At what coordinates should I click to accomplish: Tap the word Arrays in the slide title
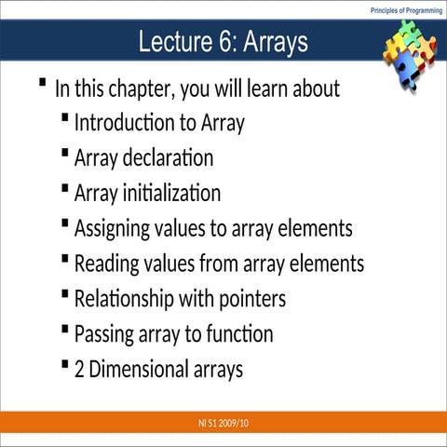(x=276, y=43)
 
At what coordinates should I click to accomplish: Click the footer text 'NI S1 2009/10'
(x=223, y=424)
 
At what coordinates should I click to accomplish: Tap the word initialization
(x=174, y=194)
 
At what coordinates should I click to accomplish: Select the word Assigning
(x=116, y=229)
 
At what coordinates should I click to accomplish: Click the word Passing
(x=105, y=334)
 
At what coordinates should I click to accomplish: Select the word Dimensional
(x=140, y=370)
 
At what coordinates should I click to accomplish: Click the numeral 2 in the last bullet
(x=80, y=370)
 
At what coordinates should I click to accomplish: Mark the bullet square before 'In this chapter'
(x=43, y=84)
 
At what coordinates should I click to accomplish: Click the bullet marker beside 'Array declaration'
(x=63, y=153)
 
